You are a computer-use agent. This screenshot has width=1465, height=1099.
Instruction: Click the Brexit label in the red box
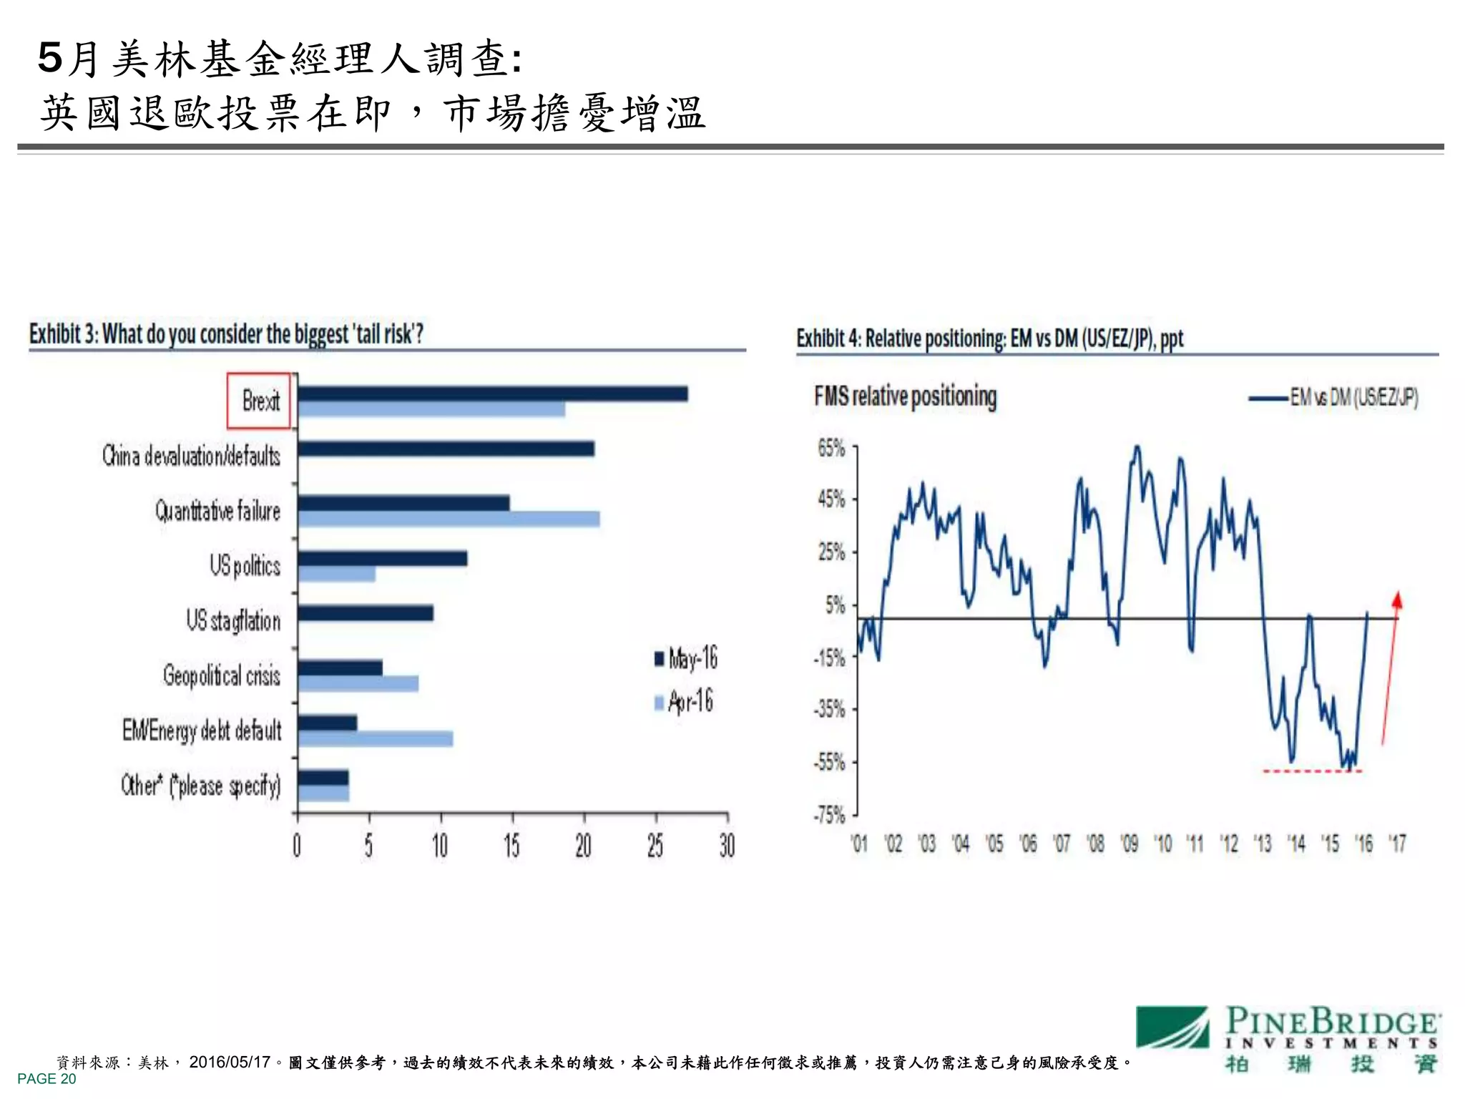pyautogui.click(x=260, y=401)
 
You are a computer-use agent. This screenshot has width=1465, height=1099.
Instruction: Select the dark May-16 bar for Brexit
pyautogui.click(x=492, y=394)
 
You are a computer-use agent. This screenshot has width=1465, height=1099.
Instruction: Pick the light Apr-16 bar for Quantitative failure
pyautogui.click(x=449, y=519)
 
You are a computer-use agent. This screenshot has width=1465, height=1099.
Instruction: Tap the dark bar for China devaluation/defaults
pyautogui.click(x=446, y=449)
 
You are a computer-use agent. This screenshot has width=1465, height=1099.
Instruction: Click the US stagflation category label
pyautogui.click(x=233, y=620)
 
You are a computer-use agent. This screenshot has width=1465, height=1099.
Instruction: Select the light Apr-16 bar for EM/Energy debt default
pyautogui.click(x=376, y=738)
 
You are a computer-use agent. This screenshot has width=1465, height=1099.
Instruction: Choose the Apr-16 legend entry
pyautogui.click(x=684, y=702)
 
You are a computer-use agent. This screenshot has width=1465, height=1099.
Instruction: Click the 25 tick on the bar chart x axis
pyautogui.click(x=655, y=846)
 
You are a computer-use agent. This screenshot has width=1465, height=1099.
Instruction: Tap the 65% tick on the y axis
pyautogui.click(x=831, y=449)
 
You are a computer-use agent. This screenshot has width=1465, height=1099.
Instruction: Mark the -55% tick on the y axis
pyautogui.click(x=830, y=762)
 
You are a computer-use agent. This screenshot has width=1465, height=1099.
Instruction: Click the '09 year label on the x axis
pyautogui.click(x=1129, y=844)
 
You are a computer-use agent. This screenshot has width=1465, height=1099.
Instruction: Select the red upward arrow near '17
pyautogui.click(x=1390, y=669)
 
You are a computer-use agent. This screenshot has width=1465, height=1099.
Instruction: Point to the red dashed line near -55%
pyautogui.click(x=1312, y=771)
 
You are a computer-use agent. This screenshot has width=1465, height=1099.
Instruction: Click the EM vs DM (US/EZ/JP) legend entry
pyautogui.click(x=1334, y=398)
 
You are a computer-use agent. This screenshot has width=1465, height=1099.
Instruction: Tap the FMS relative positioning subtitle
pyautogui.click(x=905, y=396)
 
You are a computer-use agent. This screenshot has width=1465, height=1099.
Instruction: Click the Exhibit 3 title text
pyautogui.click(x=226, y=334)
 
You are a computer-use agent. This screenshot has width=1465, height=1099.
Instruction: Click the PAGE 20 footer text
pyautogui.click(x=46, y=1079)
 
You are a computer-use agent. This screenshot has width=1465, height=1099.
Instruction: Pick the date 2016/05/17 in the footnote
pyautogui.click(x=230, y=1062)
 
